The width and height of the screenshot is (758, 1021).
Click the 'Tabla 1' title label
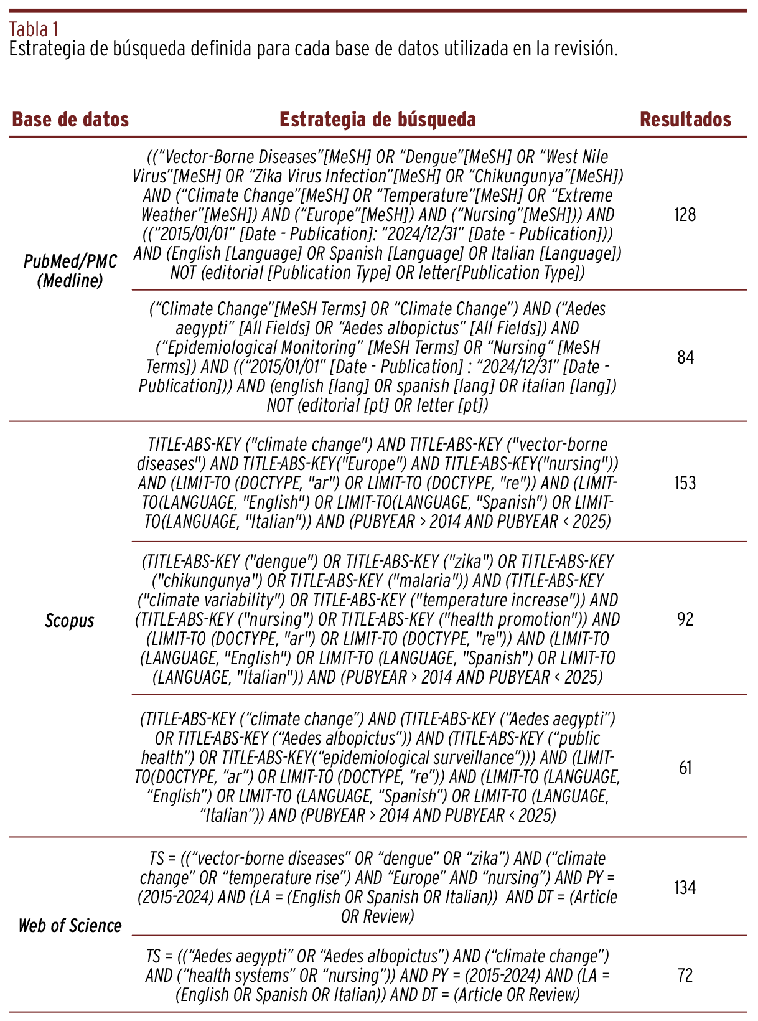tap(34, 29)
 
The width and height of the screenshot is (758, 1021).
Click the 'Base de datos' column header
tap(70, 120)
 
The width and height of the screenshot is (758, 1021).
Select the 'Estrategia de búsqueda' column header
tap(378, 120)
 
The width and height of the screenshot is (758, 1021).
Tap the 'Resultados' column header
tap(685, 120)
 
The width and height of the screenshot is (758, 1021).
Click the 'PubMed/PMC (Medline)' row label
tap(70, 271)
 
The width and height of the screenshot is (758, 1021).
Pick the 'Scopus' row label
tap(70, 621)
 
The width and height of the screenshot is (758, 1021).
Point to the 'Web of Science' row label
tap(70, 926)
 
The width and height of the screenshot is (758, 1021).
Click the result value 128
tap(685, 215)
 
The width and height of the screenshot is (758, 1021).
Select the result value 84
tap(685, 357)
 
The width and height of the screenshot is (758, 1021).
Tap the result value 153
tap(685, 483)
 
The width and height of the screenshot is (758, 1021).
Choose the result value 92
tap(685, 619)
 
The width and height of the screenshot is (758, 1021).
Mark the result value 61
tap(685, 768)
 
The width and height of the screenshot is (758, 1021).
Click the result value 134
tap(685, 887)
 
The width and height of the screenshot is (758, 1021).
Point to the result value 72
tap(685, 975)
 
